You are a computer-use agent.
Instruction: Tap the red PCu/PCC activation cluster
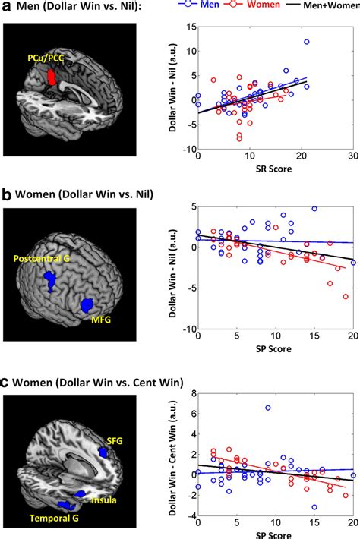coord(52,77)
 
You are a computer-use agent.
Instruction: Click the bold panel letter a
coord(6,8)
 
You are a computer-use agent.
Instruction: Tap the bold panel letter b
coord(6,194)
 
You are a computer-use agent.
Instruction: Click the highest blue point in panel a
coord(307,42)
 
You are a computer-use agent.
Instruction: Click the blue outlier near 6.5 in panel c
coord(267,408)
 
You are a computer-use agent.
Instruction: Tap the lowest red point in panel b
coord(346,296)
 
